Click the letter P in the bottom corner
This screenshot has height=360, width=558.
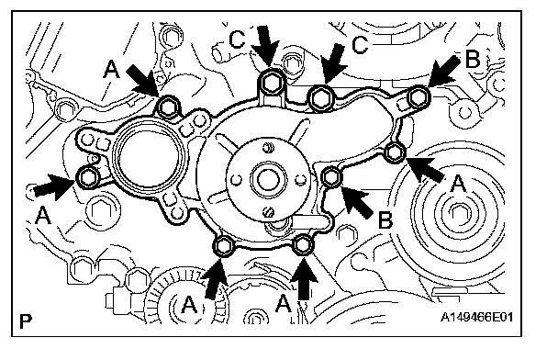(x=26, y=321)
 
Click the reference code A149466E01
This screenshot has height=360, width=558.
(x=476, y=317)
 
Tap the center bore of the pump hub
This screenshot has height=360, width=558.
(x=268, y=179)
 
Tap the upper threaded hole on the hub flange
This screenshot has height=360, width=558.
(x=268, y=147)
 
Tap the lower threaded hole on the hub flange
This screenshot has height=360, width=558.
(x=270, y=213)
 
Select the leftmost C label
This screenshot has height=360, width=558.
(x=238, y=39)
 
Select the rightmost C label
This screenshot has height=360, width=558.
(x=360, y=45)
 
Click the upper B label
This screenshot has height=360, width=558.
(x=473, y=59)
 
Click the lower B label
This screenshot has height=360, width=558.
(x=385, y=219)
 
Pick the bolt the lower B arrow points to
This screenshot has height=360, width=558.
(x=331, y=177)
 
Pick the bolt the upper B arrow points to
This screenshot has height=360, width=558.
(x=418, y=96)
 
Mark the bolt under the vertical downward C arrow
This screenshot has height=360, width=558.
(x=272, y=83)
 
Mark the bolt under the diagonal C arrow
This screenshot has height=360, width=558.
(x=321, y=96)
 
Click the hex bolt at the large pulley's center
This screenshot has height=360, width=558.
(x=458, y=212)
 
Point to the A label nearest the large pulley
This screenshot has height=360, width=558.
(x=458, y=184)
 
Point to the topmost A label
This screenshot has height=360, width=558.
(x=111, y=69)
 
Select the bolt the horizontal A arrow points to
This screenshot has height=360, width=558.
(x=87, y=177)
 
